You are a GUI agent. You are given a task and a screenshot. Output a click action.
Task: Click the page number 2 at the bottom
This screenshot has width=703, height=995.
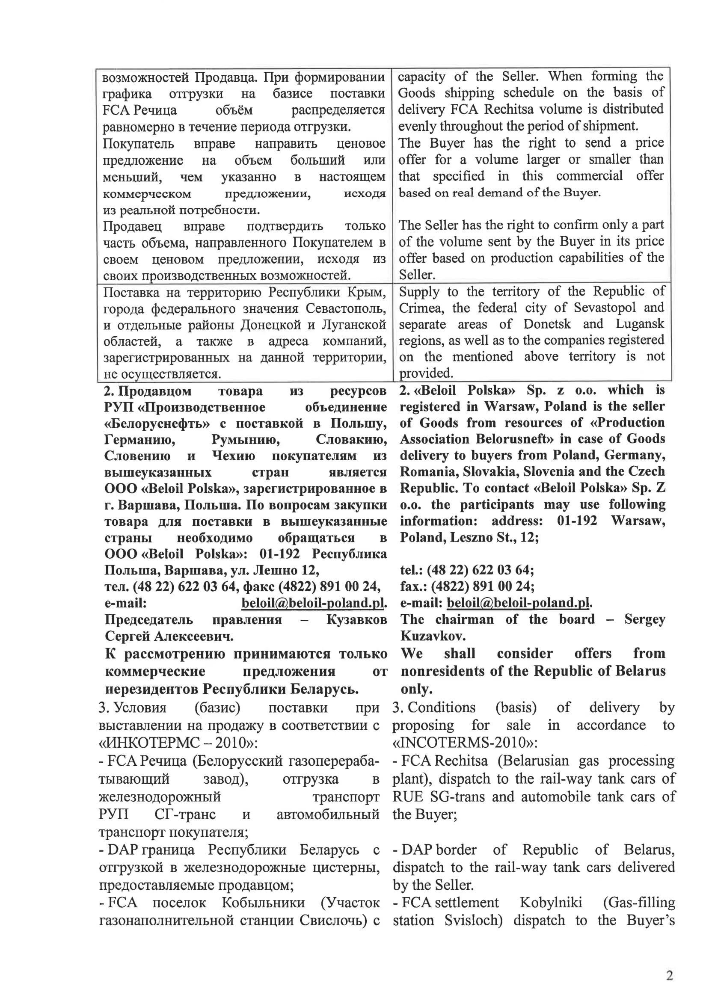[669, 975]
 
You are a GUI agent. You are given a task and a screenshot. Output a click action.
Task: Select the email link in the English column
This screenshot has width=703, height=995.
[518, 603]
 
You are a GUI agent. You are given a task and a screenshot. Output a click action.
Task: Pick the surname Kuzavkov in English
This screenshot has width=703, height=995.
[433, 636]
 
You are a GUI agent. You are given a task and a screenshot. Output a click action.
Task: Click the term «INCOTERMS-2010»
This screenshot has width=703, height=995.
[465, 742]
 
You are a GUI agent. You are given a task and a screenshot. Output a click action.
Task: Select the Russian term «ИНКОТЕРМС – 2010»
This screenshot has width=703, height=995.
[178, 743]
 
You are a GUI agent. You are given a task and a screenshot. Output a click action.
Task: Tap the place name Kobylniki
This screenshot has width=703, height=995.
[550, 903]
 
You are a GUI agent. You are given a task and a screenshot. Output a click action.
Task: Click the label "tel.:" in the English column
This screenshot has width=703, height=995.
[411, 570]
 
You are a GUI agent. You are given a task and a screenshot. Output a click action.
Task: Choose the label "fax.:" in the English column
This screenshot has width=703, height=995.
[411, 586]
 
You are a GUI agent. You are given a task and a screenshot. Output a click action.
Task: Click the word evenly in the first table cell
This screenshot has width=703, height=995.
[417, 126]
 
